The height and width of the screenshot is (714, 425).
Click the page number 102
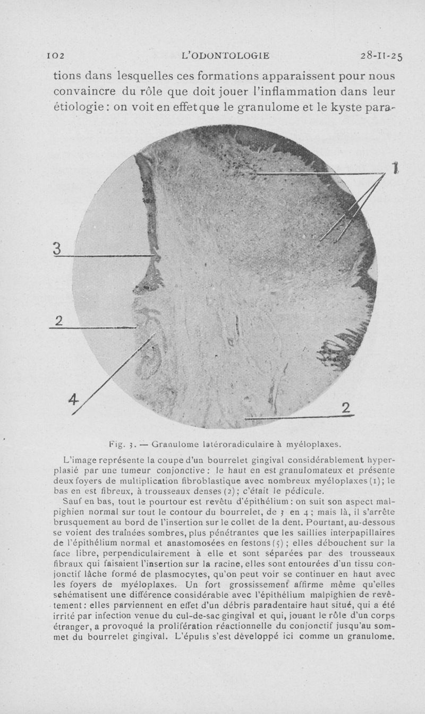(55, 55)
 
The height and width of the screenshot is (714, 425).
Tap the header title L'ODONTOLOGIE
(225, 55)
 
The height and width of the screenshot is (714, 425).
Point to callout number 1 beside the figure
(395, 169)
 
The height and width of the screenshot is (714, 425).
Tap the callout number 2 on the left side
(58, 321)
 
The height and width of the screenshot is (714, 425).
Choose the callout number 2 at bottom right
(346, 408)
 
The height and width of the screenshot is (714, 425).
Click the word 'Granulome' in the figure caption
(174, 442)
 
